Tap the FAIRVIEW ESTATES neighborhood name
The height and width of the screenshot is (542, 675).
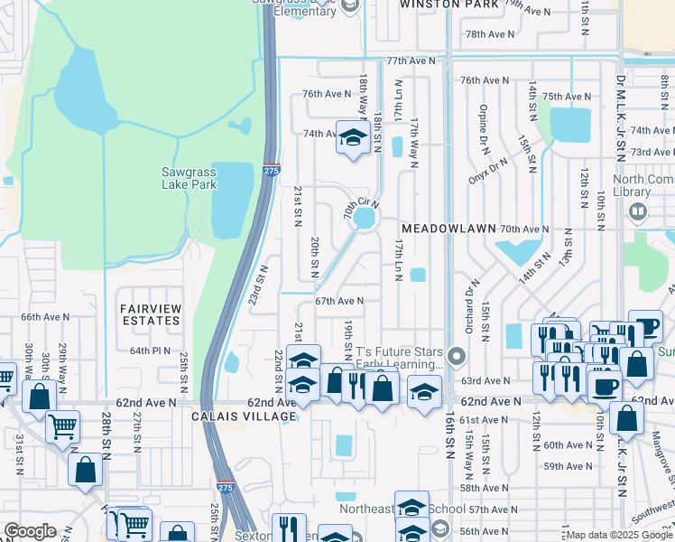click(x=151, y=314)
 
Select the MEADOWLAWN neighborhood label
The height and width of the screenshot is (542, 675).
click(x=448, y=229)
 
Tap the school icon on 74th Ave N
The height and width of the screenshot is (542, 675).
click(x=350, y=136)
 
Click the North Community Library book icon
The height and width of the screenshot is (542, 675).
click(x=638, y=212)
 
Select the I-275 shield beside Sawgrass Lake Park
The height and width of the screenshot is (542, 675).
click(x=273, y=168)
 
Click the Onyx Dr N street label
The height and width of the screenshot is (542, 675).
click(x=489, y=168)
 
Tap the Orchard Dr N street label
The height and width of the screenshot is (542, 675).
click(x=469, y=304)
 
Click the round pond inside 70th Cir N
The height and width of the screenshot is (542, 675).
click(x=365, y=219)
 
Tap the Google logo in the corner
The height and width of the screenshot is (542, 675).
click(x=30, y=531)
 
